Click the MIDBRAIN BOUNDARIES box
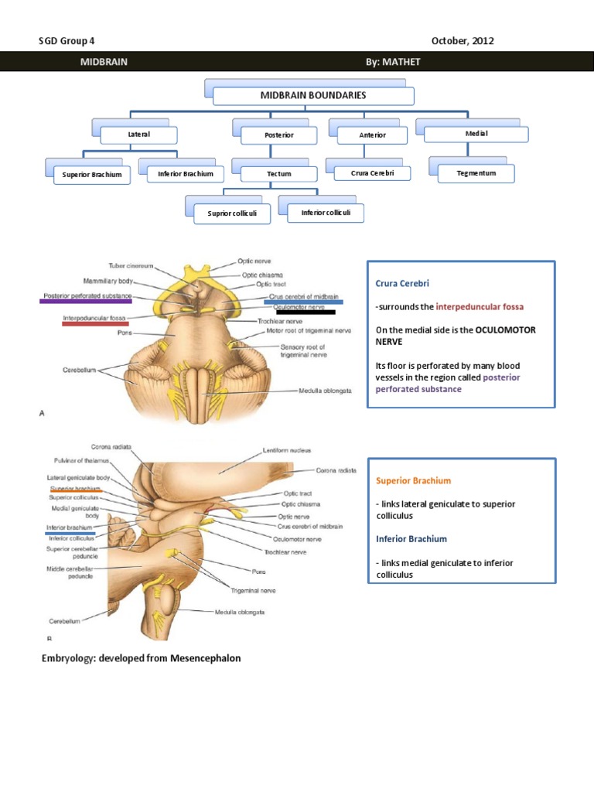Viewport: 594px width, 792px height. pyautogui.click(x=312, y=96)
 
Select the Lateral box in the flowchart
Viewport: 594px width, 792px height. pyautogui.click(x=139, y=135)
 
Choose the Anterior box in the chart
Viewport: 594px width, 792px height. pyautogui.click(x=372, y=135)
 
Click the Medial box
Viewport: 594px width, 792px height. pyautogui.click(x=477, y=134)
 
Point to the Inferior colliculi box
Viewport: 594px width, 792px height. pyautogui.click(x=325, y=213)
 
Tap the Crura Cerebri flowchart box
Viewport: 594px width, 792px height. pyautogui.click(x=372, y=173)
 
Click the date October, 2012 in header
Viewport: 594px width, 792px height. pyautogui.click(x=463, y=41)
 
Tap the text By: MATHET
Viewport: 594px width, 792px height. pyautogui.click(x=393, y=62)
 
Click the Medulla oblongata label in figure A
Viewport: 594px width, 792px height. pyautogui.click(x=326, y=391)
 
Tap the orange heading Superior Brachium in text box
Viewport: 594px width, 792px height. pyautogui.click(x=413, y=480)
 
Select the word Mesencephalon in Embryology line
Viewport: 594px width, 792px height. pyautogui.click(x=200, y=658)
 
